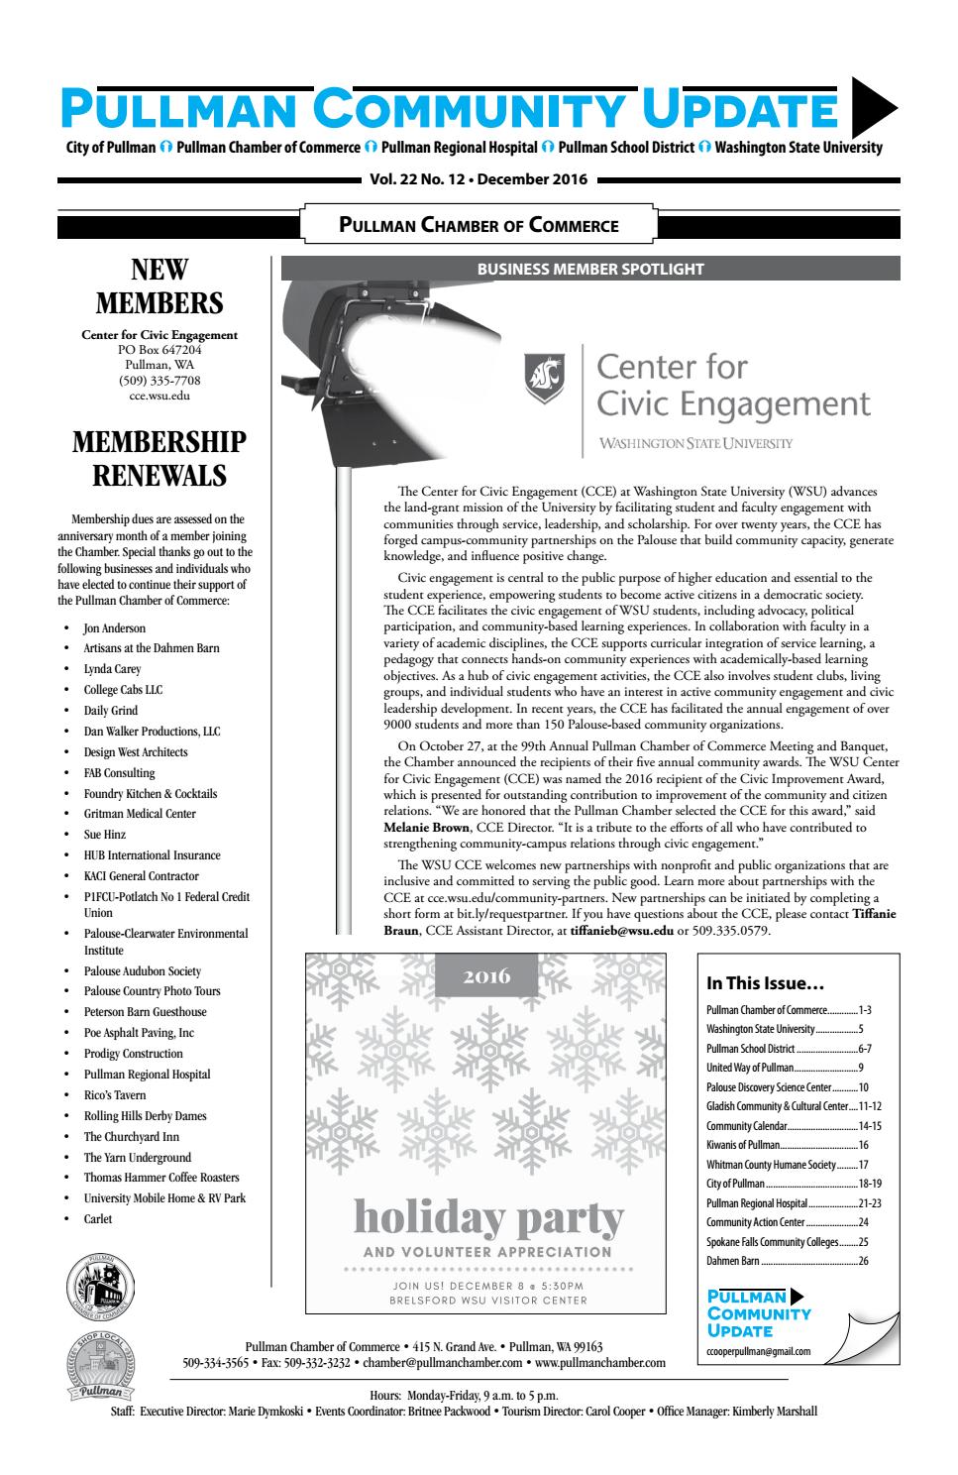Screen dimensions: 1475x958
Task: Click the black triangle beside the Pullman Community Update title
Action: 874,106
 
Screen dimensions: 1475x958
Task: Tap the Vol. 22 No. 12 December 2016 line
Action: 479,180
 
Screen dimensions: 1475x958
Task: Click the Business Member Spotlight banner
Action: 590,269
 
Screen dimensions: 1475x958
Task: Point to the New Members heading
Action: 160,286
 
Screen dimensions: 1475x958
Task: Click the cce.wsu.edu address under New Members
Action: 160,396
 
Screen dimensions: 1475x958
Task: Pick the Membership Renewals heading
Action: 160,459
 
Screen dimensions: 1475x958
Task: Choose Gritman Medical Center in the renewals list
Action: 140,814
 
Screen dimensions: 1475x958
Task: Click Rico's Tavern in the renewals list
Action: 115,1095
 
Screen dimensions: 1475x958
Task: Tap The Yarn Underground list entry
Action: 138,1158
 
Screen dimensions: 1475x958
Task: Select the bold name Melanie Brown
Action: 426,828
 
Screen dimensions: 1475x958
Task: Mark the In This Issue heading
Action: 765,983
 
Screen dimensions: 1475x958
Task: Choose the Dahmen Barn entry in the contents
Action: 733,1262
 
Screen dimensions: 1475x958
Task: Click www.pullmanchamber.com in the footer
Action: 600,1363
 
